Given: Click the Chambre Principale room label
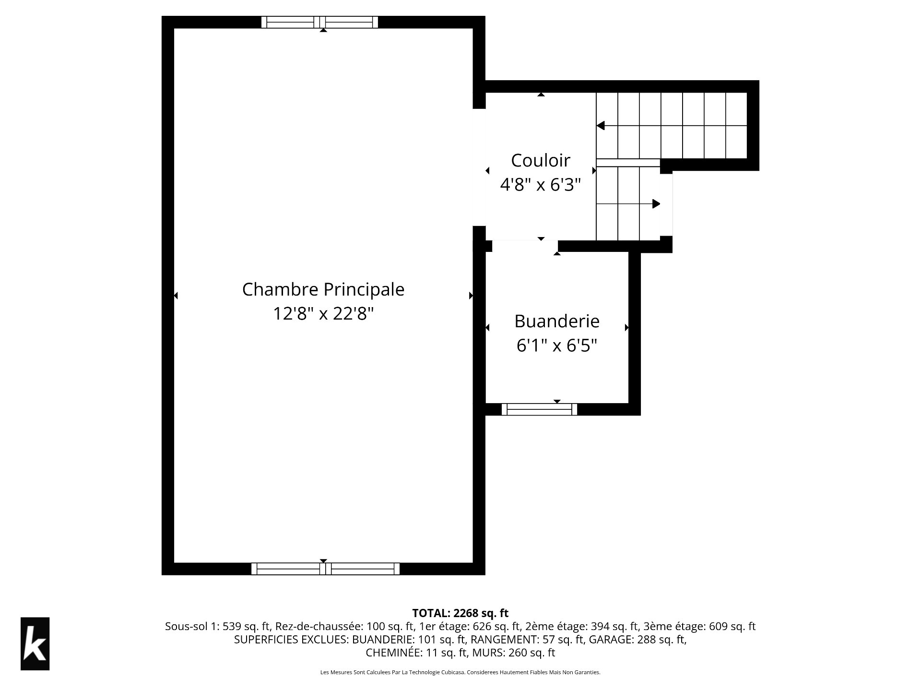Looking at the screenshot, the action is click(x=323, y=289).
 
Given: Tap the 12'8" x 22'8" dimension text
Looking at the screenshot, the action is click(x=323, y=314).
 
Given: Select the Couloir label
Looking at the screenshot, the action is click(x=541, y=160).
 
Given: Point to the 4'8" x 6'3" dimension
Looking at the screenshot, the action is click(x=541, y=184).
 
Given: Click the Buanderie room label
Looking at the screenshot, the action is click(x=557, y=321).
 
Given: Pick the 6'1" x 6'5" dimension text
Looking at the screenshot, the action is click(x=557, y=345).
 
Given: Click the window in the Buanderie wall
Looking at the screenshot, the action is click(x=539, y=409).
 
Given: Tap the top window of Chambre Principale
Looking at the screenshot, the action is click(x=319, y=22).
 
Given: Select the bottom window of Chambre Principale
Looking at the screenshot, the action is click(x=325, y=569).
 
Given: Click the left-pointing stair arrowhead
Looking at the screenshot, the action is click(x=600, y=126).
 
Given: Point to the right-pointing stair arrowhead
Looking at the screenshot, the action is click(x=656, y=204).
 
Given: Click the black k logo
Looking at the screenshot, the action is click(x=35, y=643).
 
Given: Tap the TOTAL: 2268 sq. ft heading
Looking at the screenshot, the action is click(x=460, y=613).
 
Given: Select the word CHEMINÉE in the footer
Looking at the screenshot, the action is click(x=387, y=653).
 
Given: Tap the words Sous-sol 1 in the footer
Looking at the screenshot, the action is click(x=191, y=626).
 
